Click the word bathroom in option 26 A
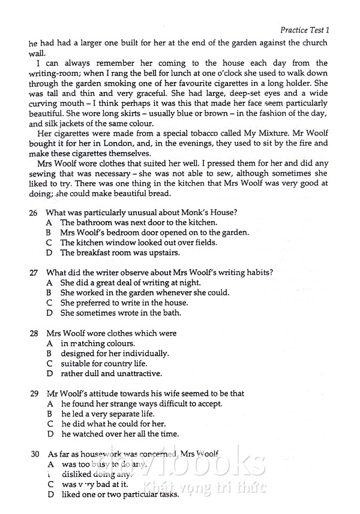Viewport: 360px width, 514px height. coord(95,222)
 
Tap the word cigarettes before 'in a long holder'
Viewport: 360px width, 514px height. coord(231,83)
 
